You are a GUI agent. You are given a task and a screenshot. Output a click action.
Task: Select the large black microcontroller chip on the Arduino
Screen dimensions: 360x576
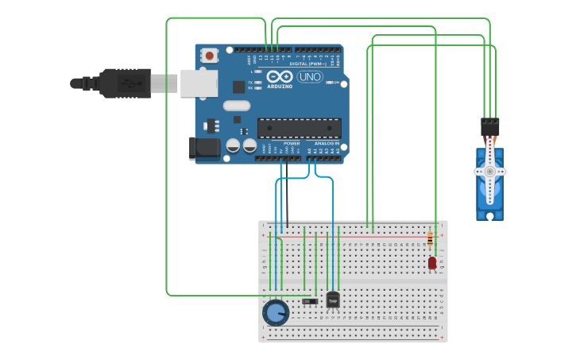click(299, 128)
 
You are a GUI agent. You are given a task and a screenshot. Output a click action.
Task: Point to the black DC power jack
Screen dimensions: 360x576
click(204, 148)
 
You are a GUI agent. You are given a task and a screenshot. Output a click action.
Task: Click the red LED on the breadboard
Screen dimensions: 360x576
click(432, 263)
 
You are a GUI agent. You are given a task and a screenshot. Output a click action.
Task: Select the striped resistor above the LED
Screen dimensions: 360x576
click(431, 238)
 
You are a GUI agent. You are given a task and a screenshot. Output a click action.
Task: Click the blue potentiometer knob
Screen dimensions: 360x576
click(275, 313)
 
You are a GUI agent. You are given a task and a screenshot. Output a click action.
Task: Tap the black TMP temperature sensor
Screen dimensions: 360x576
click(333, 300)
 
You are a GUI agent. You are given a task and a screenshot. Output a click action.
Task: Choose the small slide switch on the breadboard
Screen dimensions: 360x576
click(311, 301)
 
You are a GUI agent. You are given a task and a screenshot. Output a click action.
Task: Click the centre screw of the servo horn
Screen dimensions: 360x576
click(490, 172)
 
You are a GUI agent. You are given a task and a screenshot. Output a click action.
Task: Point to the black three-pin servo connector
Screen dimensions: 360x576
click(490, 126)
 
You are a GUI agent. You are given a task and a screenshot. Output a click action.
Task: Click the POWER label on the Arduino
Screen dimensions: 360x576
click(292, 144)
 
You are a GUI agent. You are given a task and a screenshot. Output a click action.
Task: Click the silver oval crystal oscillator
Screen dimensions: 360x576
click(237, 106)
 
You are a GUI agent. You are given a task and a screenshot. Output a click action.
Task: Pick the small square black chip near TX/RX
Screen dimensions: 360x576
click(238, 87)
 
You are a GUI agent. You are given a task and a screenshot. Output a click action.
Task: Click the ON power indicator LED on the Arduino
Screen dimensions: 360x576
click(337, 83)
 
